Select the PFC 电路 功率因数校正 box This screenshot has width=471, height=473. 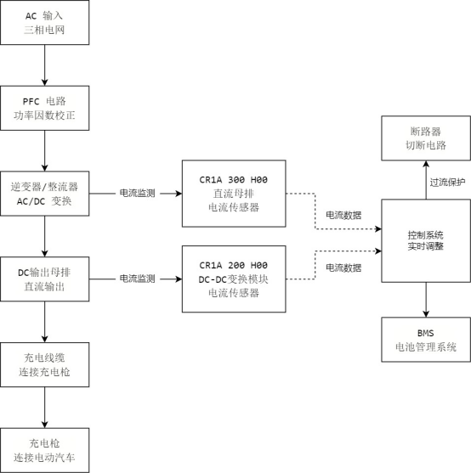(44, 108)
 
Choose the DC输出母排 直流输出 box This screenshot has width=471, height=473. (44, 278)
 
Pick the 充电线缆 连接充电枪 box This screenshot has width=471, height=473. (44, 363)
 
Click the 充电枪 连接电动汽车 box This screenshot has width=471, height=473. (44, 448)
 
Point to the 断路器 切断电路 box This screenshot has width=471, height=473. (425, 138)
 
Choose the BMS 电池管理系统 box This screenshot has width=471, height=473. (425, 339)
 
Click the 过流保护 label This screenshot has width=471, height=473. (447, 181)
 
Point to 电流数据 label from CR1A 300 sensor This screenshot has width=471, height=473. (343, 216)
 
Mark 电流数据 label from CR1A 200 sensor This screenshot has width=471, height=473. (343, 267)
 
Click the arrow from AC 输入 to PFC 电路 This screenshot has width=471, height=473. (44, 65)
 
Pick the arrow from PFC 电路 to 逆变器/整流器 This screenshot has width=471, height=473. (44, 150)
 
